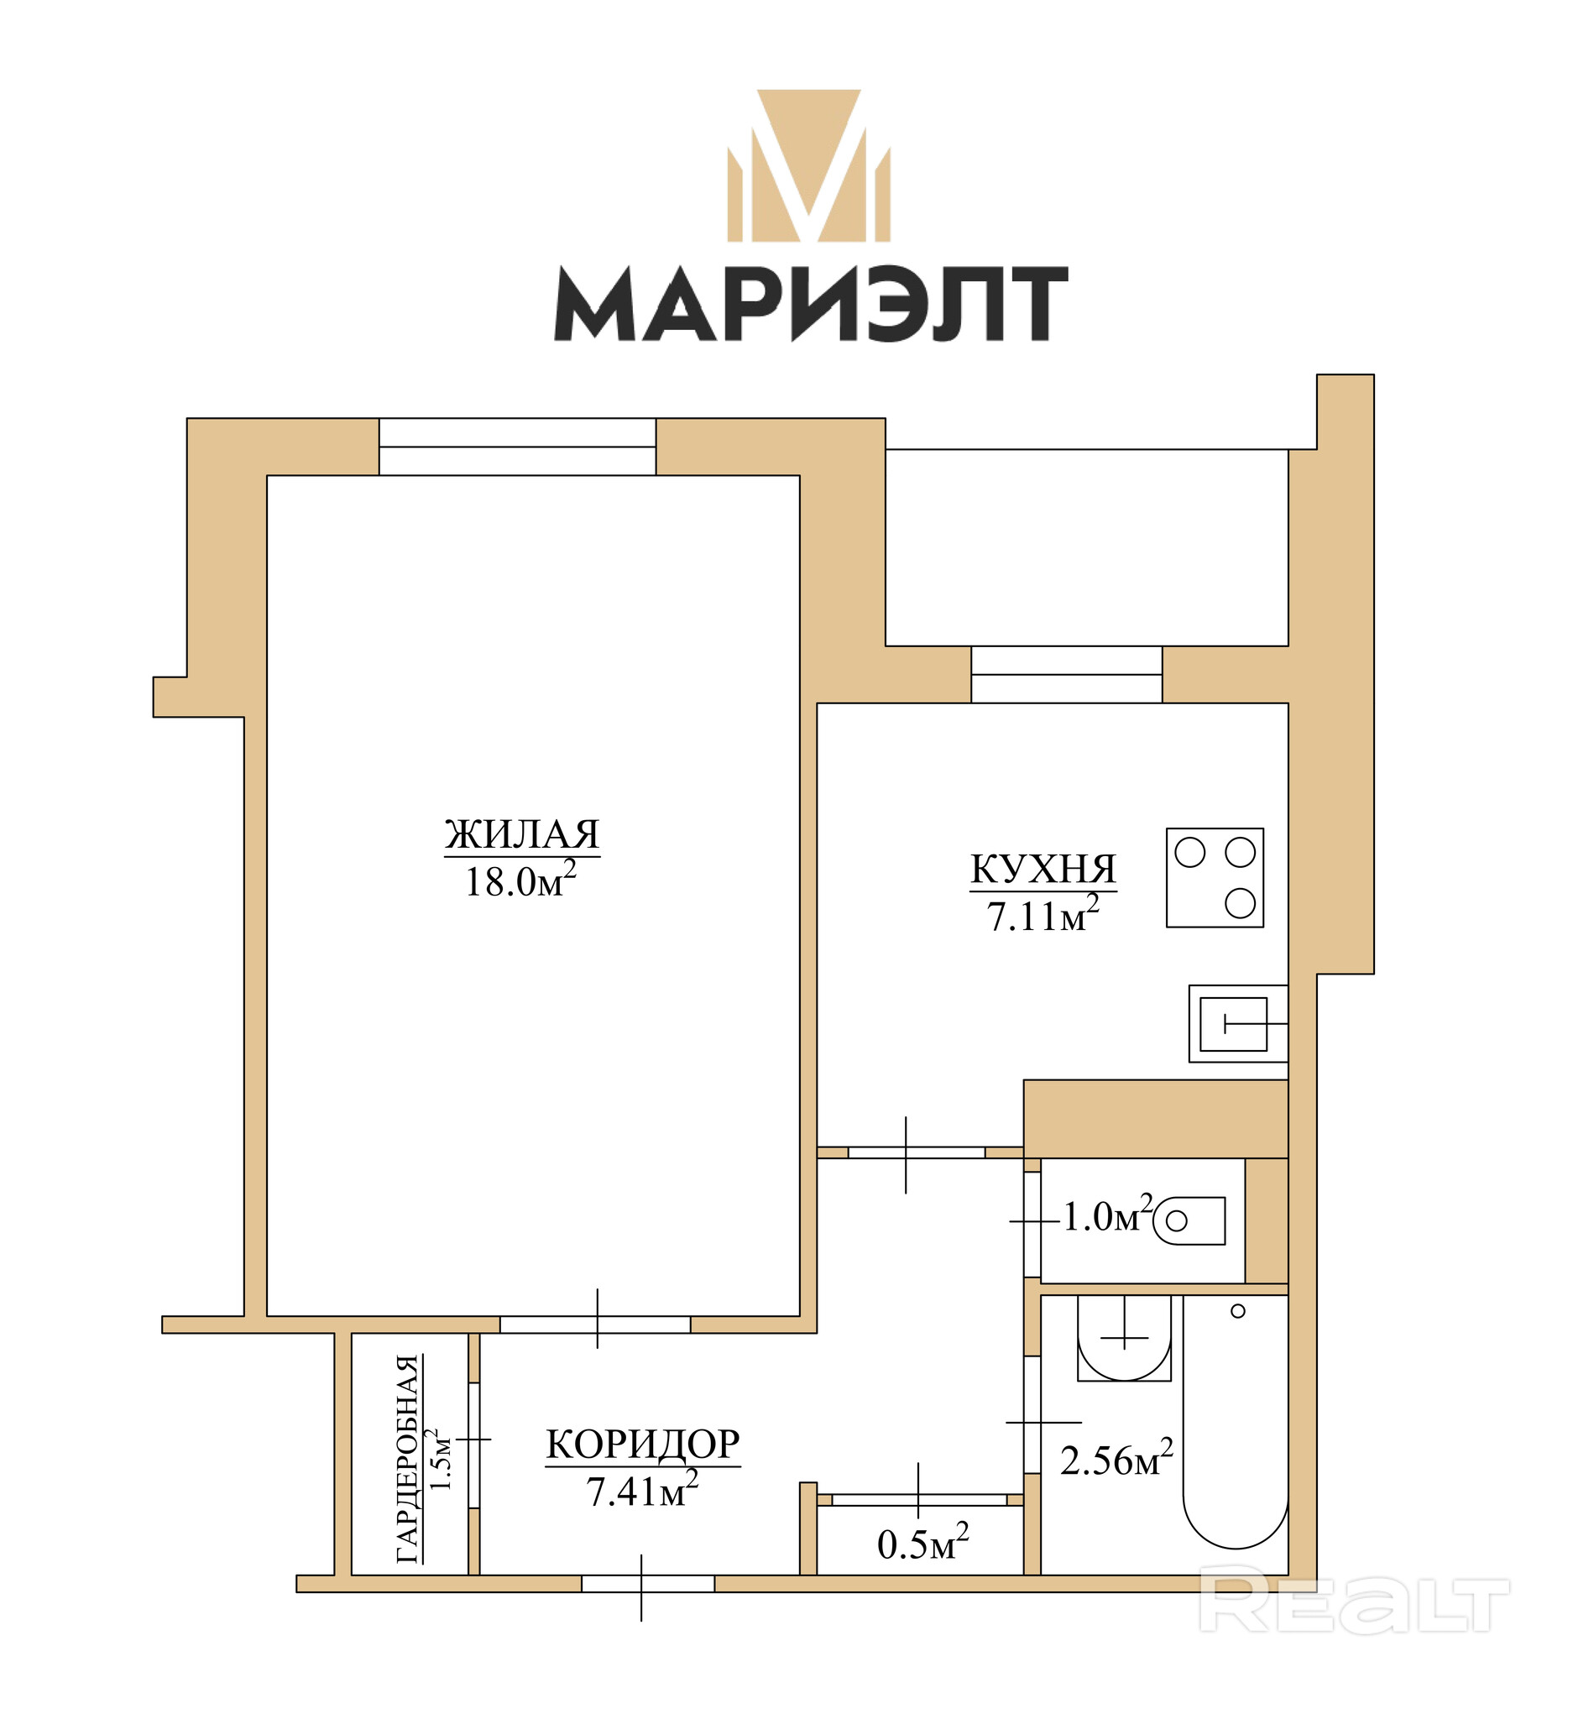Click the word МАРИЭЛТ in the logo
coord(811,303)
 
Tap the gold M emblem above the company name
coord(808,165)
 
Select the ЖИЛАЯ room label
coord(522,834)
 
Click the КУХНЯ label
coord(1043,869)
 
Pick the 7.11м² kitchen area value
coord(1043,914)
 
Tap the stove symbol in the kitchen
coord(1215,878)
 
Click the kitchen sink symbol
coord(1239,1024)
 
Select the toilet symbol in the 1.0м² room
coord(1189,1220)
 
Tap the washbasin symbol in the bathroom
coord(1125,1339)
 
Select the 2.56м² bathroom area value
coord(1117,1459)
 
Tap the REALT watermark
coord(1354,1601)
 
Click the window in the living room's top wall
coord(518,447)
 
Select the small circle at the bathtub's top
coord(1238,1311)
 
